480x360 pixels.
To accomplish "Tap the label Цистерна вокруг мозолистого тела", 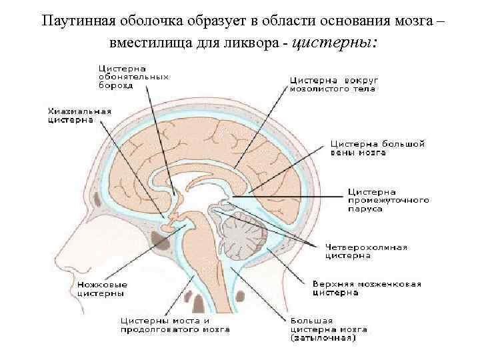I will point(331,83).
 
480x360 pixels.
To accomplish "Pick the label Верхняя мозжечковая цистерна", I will point(367,288).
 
